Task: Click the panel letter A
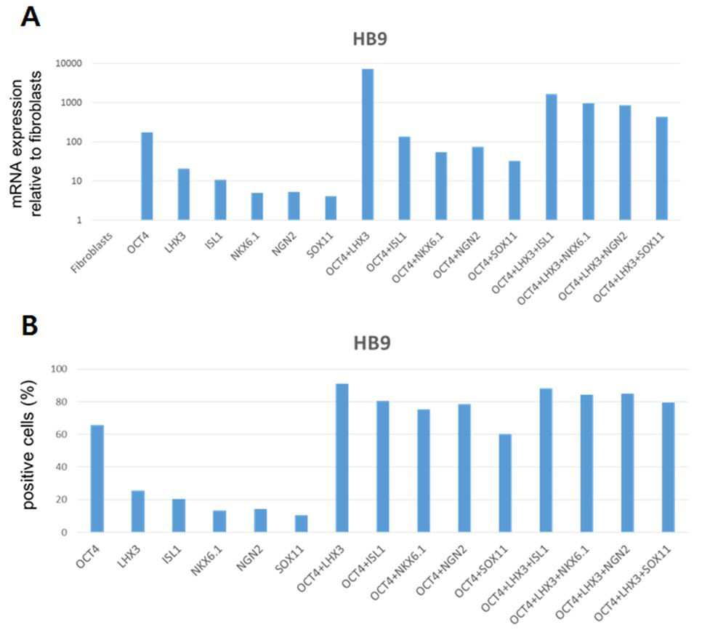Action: coord(31,17)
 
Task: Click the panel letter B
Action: coord(30,325)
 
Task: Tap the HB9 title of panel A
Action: coord(370,39)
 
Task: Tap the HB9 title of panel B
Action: coord(372,343)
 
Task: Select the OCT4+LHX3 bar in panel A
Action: coord(368,145)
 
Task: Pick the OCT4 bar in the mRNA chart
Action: coord(148,176)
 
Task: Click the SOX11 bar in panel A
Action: coord(331,208)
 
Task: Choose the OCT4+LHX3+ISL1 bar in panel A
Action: coord(552,157)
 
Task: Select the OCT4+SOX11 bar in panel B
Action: coord(505,483)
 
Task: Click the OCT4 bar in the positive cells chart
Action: coord(97,479)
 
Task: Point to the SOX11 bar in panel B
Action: coord(301,524)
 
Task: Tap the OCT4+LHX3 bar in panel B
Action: coord(342,458)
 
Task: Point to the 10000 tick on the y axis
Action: coord(69,63)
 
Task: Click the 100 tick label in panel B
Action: coord(59,369)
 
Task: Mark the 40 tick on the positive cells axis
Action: coord(62,467)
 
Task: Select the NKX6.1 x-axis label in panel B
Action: coord(207,561)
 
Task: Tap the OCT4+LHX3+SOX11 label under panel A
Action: coord(629,267)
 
